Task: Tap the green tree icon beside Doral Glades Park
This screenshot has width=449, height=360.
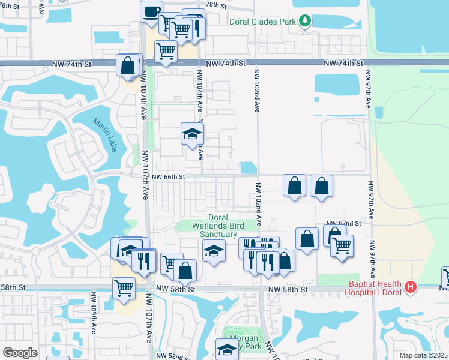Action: coord(305,21)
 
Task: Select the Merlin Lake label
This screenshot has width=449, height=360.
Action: coord(104,134)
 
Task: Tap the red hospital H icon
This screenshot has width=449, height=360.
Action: coord(411,287)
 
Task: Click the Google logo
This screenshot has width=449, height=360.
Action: coord(20,352)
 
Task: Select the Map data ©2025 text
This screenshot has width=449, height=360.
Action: coord(423,355)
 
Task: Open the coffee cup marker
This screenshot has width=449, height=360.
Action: coord(151,11)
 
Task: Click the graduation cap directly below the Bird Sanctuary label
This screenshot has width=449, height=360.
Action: coord(213,251)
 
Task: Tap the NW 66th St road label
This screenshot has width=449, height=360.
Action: coord(169,177)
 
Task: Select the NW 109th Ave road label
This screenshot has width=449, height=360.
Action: coord(94,313)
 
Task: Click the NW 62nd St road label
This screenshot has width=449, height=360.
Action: coord(343,223)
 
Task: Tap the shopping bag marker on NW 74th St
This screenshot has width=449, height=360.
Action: coord(128,65)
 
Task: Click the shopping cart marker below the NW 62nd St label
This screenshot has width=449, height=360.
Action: coord(342,245)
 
